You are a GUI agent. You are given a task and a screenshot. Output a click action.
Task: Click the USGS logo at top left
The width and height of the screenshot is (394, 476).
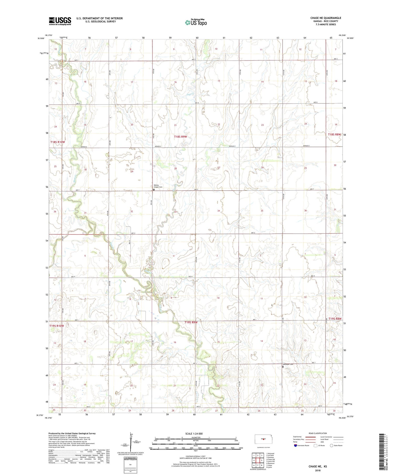tap(60, 21)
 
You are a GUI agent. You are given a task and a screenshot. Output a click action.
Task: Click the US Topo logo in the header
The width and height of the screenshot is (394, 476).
tap(196, 23)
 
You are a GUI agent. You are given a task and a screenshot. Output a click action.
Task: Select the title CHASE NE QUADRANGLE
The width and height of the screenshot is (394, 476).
tap(325, 18)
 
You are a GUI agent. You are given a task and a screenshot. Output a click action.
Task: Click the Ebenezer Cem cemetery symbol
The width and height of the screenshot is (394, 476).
tap(283, 367)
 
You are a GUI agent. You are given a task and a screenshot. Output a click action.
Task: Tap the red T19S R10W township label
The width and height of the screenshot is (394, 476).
tap(57, 326)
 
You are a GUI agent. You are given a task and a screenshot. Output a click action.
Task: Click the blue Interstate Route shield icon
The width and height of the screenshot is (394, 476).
tap(295, 445)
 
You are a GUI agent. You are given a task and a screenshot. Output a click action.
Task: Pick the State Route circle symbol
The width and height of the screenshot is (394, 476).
tap(331, 445)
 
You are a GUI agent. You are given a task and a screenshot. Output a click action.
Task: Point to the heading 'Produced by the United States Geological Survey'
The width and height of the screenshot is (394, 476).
tap(72, 433)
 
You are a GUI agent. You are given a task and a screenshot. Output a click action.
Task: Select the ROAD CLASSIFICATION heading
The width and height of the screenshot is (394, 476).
tap(318, 433)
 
